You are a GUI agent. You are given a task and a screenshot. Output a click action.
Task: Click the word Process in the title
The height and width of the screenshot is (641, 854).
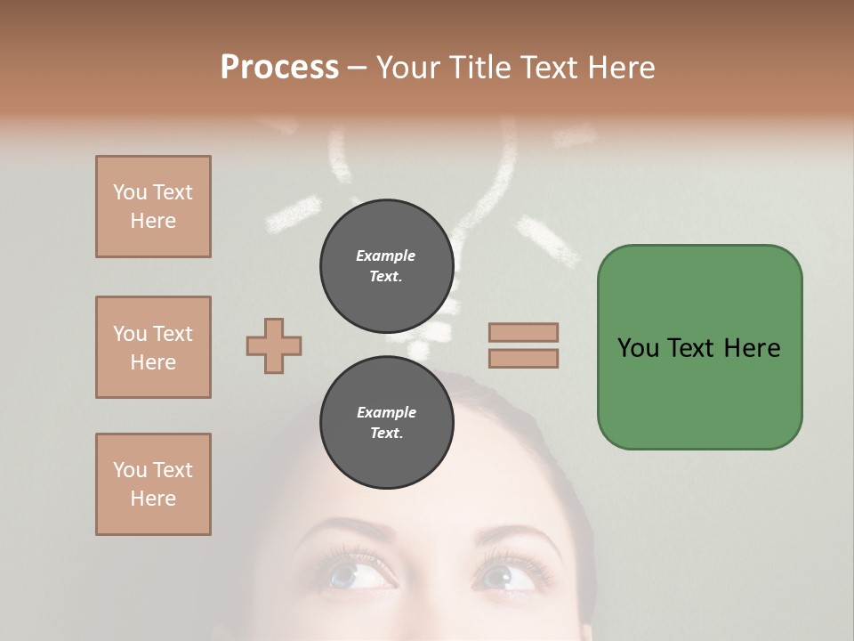(x=279, y=68)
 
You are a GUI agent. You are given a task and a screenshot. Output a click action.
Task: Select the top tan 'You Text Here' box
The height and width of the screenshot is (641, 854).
(x=153, y=207)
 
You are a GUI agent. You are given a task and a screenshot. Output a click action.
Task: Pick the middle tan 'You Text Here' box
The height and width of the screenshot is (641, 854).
(x=153, y=347)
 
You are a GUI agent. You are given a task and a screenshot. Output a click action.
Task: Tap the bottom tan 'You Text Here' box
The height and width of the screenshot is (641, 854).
(x=153, y=484)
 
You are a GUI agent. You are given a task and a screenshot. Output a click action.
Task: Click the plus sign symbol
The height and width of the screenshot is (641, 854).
(x=274, y=345)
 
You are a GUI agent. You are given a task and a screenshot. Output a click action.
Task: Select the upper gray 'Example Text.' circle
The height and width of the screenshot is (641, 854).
(x=386, y=265)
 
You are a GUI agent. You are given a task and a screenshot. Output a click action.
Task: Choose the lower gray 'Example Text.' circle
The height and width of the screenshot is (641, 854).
(x=386, y=422)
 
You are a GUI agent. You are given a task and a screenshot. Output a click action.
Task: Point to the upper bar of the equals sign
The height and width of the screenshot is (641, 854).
(x=523, y=332)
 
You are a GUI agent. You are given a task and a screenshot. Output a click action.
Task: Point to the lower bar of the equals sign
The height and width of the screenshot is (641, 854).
(x=523, y=358)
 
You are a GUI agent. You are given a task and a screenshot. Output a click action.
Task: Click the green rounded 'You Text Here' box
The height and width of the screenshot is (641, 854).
(x=699, y=347)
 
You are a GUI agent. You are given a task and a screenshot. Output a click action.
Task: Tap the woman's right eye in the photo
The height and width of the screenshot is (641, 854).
(x=507, y=576)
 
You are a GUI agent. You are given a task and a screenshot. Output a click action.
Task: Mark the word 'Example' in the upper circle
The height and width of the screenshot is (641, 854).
(x=386, y=256)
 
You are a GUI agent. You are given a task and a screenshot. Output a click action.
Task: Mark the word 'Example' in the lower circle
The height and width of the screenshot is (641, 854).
(x=386, y=412)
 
